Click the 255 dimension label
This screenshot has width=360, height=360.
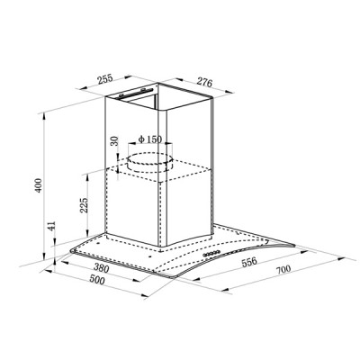(x=105, y=79)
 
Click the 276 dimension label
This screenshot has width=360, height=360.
(x=204, y=82)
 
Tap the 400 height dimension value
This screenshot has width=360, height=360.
(x=39, y=185)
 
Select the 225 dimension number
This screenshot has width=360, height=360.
(x=85, y=205)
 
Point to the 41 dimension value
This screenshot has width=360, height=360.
(x=51, y=226)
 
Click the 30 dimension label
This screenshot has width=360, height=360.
(x=114, y=140)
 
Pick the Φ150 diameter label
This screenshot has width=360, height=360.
(x=150, y=139)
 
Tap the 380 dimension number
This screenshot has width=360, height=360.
(x=101, y=267)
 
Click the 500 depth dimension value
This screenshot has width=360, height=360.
(x=97, y=280)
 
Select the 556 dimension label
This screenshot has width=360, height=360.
(x=249, y=261)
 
